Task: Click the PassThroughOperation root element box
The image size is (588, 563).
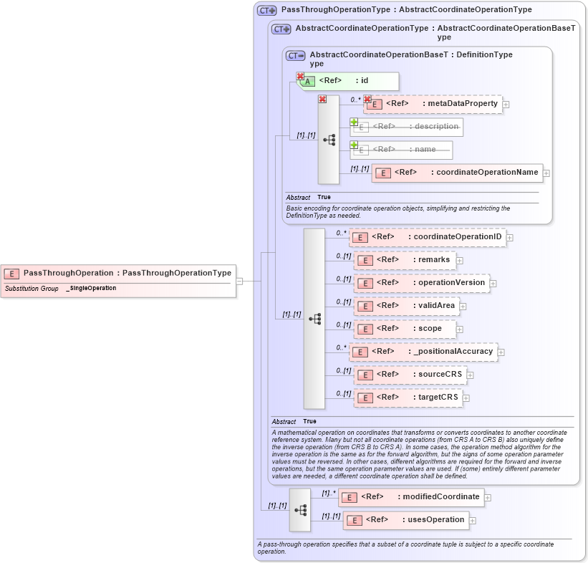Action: pyautogui.click(x=119, y=273)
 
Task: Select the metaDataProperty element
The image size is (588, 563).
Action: pyautogui.click(x=433, y=104)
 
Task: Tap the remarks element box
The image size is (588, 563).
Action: pyautogui.click(x=405, y=260)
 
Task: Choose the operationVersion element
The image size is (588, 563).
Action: pyautogui.click(x=422, y=283)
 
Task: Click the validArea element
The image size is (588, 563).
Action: pyautogui.click(x=406, y=306)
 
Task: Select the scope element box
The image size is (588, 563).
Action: pyautogui.click(x=405, y=329)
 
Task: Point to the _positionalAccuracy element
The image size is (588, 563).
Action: pyautogui.click(x=423, y=352)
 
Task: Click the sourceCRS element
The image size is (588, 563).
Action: pyautogui.click(x=410, y=375)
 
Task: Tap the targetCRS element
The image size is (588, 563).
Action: pyautogui.click(x=408, y=398)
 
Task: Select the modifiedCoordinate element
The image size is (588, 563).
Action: pyautogui.click(x=411, y=496)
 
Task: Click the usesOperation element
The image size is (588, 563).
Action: pyautogui.click(x=406, y=520)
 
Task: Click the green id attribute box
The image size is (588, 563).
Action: pyautogui.click(x=348, y=81)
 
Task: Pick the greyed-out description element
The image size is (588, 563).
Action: pyautogui.click(x=406, y=127)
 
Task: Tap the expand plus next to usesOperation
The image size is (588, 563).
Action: pyautogui.click(x=473, y=521)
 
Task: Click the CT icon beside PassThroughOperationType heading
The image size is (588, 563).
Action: pyautogui.click(x=267, y=10)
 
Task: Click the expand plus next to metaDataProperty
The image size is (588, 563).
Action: pyautogui.click(x=506, y=105)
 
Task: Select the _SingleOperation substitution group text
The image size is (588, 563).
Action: pyautogui.click(x=91, y=288)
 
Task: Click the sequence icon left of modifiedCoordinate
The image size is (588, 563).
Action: pyautogui.click(x=300, y=509)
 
